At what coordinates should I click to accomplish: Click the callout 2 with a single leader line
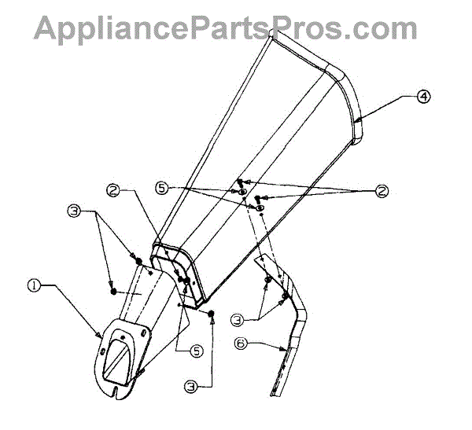114,189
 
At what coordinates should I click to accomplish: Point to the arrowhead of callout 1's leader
99,336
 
